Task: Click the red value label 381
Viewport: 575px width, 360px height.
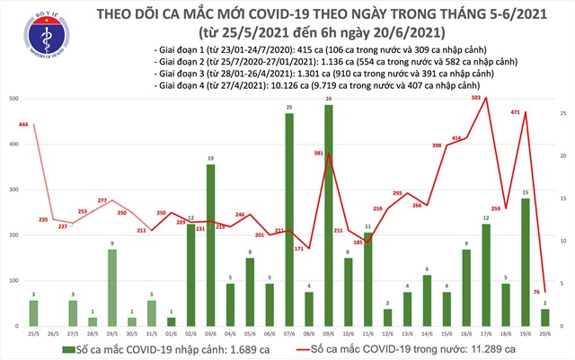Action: pyautogui.click(x=317, y=154)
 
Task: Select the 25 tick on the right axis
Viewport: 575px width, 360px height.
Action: pyautogui.click(x=562, y=112)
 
